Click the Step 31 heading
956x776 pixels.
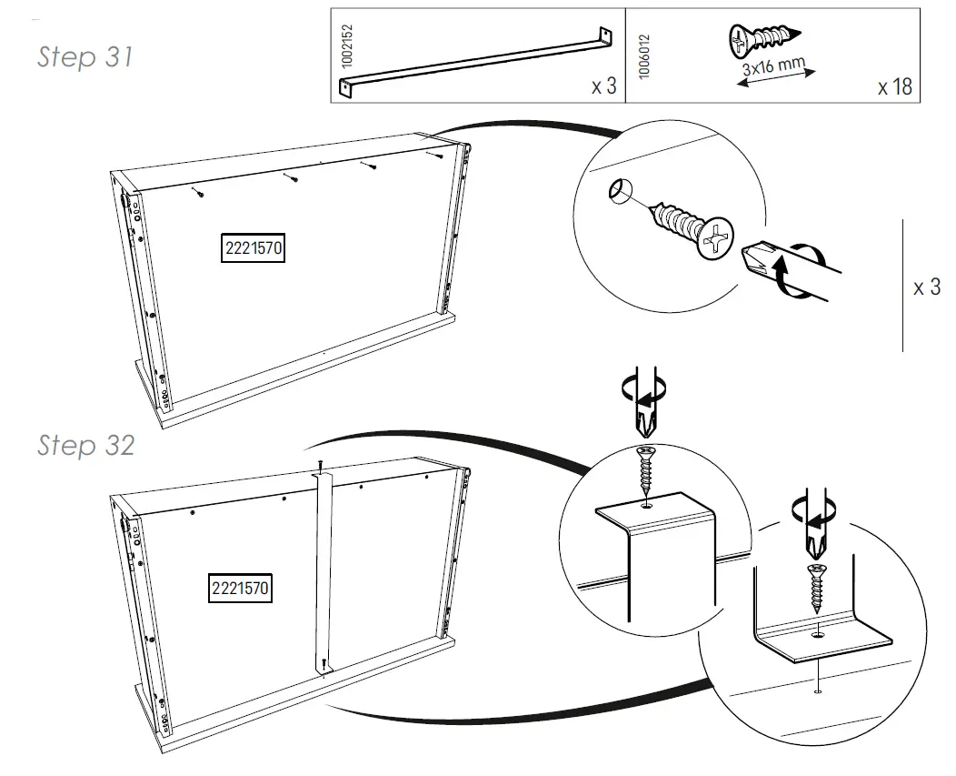[85, 56]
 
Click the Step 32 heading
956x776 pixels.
[85, 445]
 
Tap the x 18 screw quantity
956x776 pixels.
[894, 88]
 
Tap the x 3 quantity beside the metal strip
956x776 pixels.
[603, 87]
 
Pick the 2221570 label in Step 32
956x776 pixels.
[240, 588]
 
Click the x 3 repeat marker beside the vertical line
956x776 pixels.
[927, 287]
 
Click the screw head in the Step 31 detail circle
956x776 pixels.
[714, 238]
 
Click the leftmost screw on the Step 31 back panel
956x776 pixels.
[197, 192]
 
